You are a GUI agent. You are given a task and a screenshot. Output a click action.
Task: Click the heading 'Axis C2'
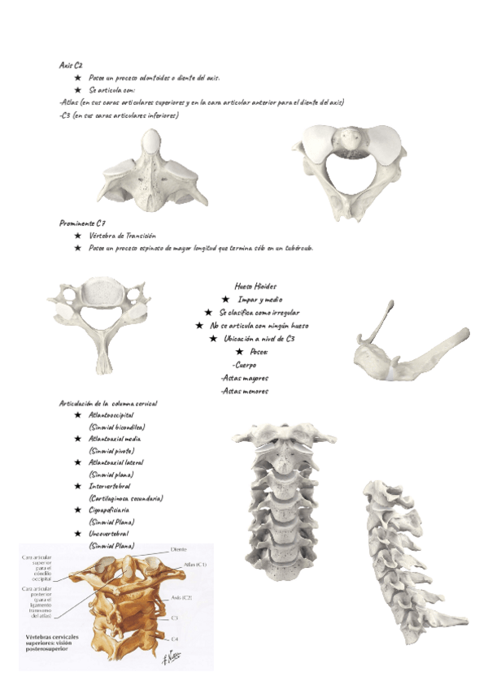point(71,64)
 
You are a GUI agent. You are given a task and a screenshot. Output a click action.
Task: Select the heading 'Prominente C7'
point(82,223)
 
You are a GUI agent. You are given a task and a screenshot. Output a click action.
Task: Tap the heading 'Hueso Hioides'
point(255,286)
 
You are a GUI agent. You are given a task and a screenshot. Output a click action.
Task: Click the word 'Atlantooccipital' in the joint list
point(111,414)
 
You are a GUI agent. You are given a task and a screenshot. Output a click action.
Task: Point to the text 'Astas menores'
point(244,391)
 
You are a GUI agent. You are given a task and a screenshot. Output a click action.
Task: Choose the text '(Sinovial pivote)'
point(111,450)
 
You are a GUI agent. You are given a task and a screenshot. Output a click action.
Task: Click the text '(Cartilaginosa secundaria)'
point(126,497)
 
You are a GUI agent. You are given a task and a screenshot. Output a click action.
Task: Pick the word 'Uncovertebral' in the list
point(111,534)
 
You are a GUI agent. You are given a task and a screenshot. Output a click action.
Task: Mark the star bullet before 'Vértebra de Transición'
point(78,236)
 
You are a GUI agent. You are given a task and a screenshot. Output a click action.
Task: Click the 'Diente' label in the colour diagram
point(179,550)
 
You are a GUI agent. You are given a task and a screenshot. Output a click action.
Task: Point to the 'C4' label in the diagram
point(175,638)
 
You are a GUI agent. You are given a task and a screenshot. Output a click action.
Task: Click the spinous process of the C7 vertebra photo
point(104,357)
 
